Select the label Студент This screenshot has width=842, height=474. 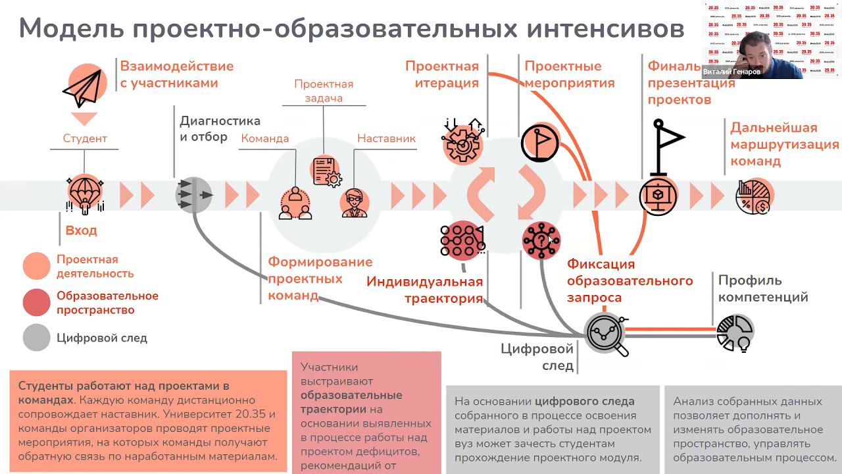(85, 138)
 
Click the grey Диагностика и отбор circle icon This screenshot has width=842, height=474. (194, 194)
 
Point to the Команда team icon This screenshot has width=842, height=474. (295, 203)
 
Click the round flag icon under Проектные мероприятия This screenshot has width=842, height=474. (540, 142)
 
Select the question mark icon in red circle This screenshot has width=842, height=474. (541, 240)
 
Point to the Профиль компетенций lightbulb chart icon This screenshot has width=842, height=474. (735, 332)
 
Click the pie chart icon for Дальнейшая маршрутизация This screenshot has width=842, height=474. (753, 196)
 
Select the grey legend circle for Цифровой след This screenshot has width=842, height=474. (36, 338)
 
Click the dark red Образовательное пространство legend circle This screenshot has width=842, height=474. (36, 303)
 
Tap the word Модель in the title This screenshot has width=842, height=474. (70, 29)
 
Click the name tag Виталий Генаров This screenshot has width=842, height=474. (732, 72)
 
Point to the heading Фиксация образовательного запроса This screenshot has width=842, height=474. (630, 280)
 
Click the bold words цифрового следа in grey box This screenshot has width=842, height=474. (585, 401)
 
